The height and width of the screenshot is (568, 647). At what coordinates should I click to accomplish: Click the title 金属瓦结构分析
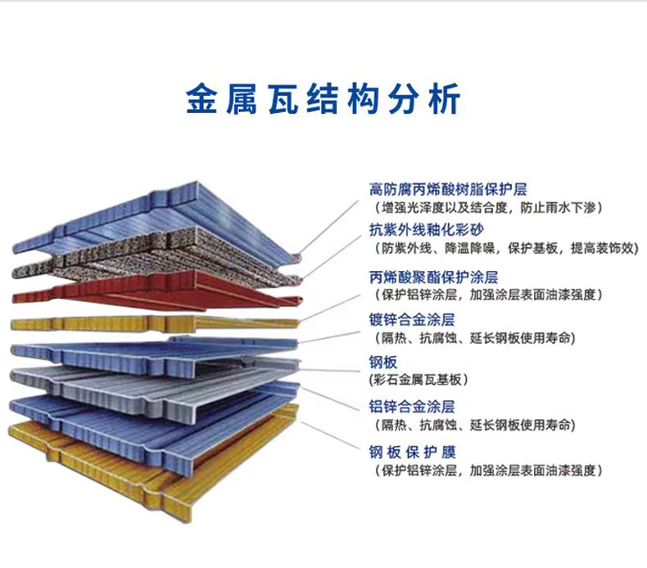(323, 97)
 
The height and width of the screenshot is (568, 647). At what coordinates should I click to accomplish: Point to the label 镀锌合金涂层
(412, 319)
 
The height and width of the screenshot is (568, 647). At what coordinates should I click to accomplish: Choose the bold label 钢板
(383, 362)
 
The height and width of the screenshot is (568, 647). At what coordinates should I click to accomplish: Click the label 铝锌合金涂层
(412, 406)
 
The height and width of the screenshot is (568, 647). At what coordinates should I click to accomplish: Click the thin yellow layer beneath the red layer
(123, 322)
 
